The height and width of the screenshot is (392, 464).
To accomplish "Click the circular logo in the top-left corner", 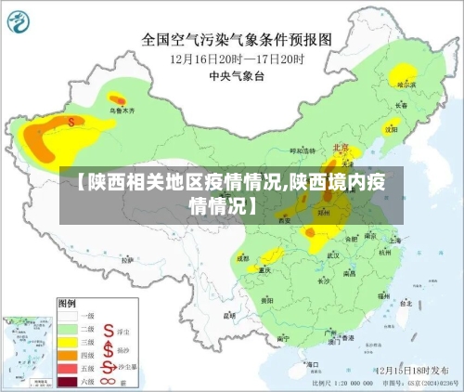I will (x=20, y=20).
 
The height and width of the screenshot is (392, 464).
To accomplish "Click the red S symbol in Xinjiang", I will (x=71, y=121).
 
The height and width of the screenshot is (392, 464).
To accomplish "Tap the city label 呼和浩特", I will (x=303, y=150).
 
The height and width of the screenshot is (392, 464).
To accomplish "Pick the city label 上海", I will (x=395, y=239).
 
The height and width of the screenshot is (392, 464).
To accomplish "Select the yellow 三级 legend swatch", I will (x=69, y=341).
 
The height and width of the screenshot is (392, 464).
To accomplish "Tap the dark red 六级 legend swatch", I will (x=69, y=381).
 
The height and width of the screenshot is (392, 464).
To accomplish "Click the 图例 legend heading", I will (x=67, y=303).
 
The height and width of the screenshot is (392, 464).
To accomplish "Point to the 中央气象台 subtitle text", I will (x=236, y=75).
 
